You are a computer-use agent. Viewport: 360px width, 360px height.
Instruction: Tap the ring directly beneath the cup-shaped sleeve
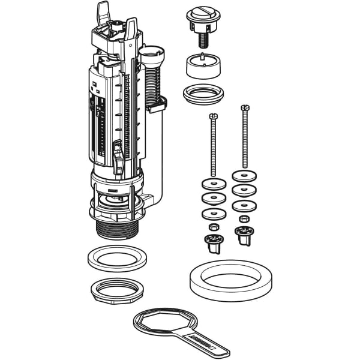tap(202, 94)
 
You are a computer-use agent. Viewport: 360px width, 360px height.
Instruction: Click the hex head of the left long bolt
tap(213, 116)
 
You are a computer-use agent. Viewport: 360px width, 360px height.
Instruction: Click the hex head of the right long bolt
tap(244, 109)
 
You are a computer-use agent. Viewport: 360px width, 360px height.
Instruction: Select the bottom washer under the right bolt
tap(244, 205)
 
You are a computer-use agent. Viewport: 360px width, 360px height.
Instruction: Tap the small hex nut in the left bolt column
tap(213, 227)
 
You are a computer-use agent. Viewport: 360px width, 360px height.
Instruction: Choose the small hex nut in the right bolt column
tap(244, 219)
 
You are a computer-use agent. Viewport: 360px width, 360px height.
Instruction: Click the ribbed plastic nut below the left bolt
tap(214, 242)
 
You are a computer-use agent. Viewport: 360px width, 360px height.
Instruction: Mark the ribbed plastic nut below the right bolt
tap(244, 234)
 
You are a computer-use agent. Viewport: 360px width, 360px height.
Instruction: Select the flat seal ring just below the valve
tap(118, 260)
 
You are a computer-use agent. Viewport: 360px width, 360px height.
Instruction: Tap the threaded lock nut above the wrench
tap(117, 290)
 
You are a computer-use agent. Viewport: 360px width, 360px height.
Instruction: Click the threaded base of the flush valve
tap(118, 229)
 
